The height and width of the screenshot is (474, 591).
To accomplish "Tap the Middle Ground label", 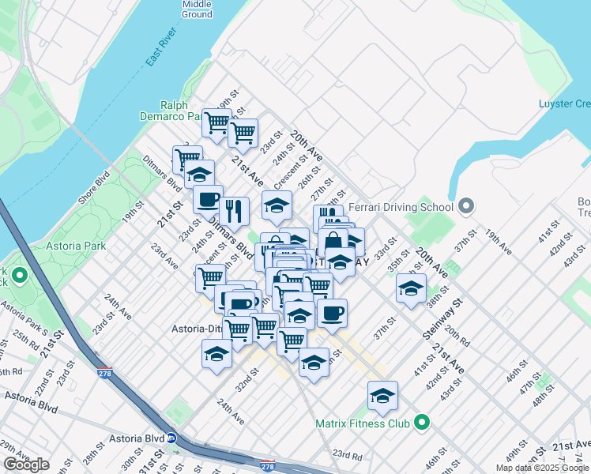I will click(197, 9).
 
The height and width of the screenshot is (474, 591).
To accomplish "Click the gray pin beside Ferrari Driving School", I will click(466, 208).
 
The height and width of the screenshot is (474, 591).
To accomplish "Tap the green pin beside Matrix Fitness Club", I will click(422, 423).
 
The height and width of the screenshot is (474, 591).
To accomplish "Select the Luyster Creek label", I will click(564, 103).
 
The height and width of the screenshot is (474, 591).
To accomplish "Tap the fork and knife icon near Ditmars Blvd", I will click(233, 210).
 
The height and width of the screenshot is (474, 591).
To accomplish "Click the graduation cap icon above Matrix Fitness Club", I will click(382, 395).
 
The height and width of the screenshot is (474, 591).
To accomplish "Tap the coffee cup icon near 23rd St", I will click(208, 199).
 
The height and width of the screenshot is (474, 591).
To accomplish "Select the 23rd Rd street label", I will click(347, 456).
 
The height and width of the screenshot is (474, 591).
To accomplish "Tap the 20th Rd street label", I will click(457, 337).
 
